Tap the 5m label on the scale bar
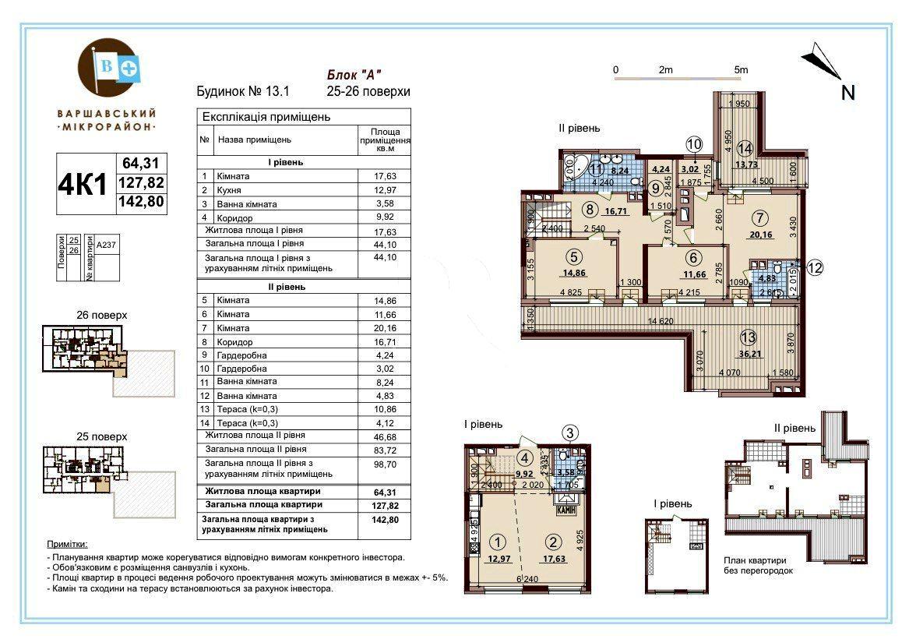point(740,70)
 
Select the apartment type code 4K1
point(83,184)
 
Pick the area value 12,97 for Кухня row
point(385,190)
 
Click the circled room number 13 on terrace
point(748,338)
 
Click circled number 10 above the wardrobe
point(693,144)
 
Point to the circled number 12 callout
point(815,267)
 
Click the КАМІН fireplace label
point(565,510)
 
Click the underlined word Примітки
point(68,544)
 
